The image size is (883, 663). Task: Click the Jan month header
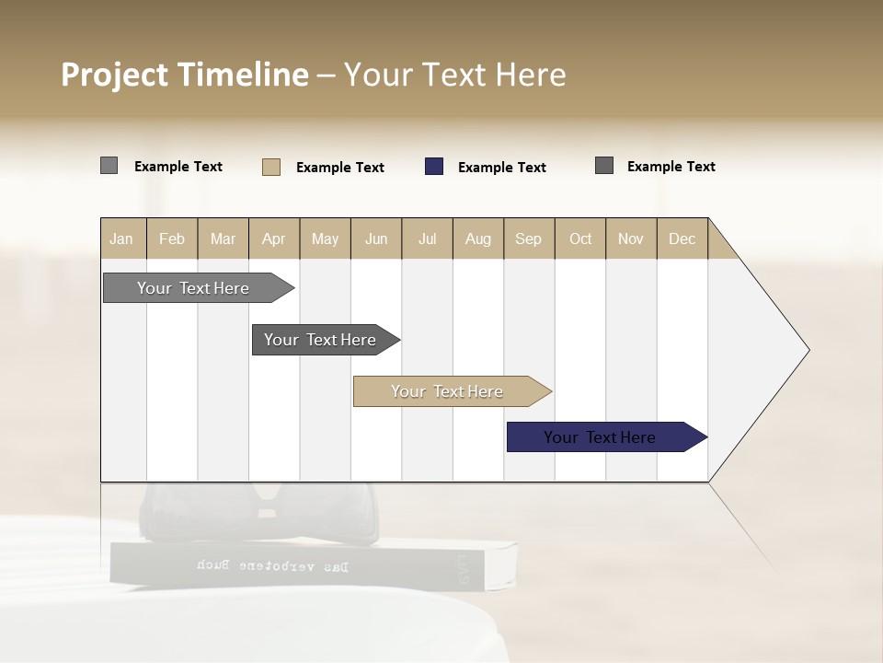(x=121, y=238)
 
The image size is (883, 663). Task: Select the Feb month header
(x=172, y=238)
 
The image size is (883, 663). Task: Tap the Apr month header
(x=273, y=238)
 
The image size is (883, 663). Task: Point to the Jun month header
(x=376, y=238)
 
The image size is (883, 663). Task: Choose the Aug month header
(x=477, y=238)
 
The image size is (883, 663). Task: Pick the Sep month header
(x=528, y=238)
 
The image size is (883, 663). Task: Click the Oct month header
(x=580, y=238)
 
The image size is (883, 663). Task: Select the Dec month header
(x=682, y=238)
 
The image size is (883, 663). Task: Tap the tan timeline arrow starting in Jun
(x=448, y=391)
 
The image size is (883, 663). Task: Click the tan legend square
(x=271, y=167)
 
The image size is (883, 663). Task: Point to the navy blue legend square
(x=434, y=167)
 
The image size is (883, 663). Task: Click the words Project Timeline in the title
(x=185, y=75)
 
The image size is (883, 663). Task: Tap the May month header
(x=325, y=238)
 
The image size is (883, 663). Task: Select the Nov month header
(x=631, y=238)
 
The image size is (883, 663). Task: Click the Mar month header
(x=223, y=238)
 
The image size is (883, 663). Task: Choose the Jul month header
(x=427, y=238)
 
